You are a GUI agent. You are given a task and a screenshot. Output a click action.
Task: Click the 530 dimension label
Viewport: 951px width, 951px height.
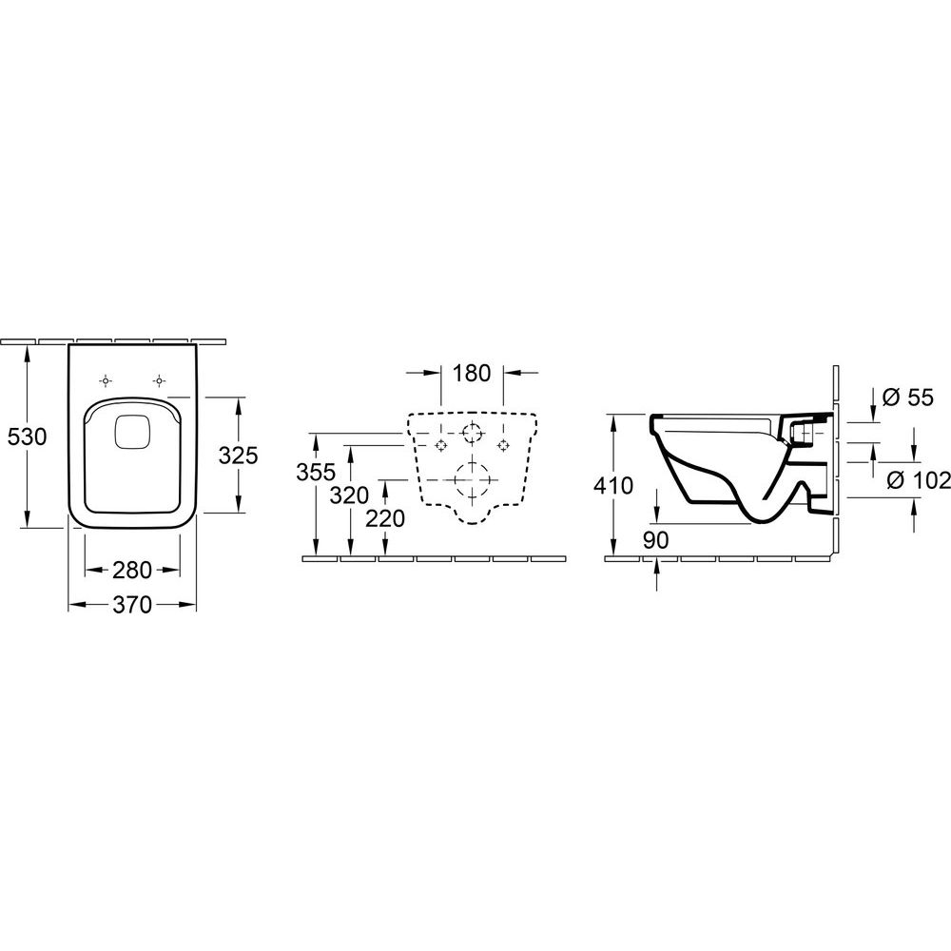pos(27,437)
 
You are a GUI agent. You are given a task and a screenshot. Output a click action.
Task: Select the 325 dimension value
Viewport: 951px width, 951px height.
pos(239,455)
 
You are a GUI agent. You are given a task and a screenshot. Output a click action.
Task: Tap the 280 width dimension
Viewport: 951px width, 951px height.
pos(132,570)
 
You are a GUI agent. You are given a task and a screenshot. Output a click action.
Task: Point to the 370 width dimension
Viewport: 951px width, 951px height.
pos(132,605)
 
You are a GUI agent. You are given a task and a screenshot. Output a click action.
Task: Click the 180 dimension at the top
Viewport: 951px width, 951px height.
pos(472,373)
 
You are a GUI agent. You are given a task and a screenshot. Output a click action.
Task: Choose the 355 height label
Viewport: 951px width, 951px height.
pos(316,472)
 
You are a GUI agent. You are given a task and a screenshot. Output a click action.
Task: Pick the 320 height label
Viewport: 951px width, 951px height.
pos(349,495)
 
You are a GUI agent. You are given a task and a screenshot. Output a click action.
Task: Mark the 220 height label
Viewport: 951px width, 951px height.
pos(385,518)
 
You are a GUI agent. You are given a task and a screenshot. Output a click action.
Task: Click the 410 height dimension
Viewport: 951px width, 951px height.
pos(613,485)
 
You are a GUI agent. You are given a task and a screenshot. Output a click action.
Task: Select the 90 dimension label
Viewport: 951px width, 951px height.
pos(655,540)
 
